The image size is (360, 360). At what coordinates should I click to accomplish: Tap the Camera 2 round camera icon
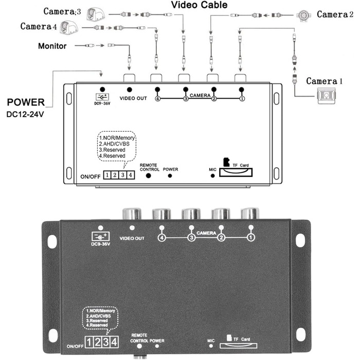305,14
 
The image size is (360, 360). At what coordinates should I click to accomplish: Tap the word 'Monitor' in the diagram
52,46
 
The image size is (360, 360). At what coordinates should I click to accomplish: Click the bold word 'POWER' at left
26,102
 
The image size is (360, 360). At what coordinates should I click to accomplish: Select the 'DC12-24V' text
26,114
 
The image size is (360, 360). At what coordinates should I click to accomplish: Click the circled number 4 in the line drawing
157,98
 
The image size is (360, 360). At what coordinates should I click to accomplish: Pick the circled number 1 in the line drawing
241,98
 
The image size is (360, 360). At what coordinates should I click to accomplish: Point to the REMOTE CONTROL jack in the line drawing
149,175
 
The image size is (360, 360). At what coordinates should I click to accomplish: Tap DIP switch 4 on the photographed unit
114,342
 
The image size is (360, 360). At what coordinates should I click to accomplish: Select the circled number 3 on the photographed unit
191,238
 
